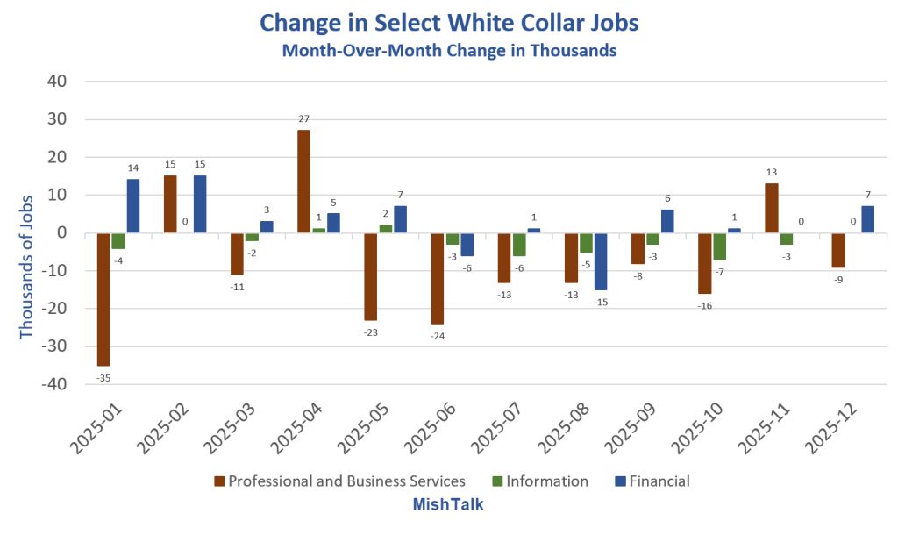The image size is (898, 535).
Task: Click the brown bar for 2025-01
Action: click(x=103, y=298)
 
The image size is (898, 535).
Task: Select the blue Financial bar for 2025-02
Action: click(x=200, y=203)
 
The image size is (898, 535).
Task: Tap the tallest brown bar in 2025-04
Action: click(x=303, y=181)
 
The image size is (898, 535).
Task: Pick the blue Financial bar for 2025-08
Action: click(x=601, y=260)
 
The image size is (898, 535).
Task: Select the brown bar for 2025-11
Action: click(x=771, y=208)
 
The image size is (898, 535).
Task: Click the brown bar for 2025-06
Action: click(x=437, y=278)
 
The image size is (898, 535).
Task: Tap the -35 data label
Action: click(x=103, y=378)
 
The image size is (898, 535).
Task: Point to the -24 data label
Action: click(x=437, y=337)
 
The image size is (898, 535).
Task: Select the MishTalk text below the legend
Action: click(x=448, y=505)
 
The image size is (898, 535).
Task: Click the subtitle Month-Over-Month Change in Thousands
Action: click(x=448, y=51)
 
